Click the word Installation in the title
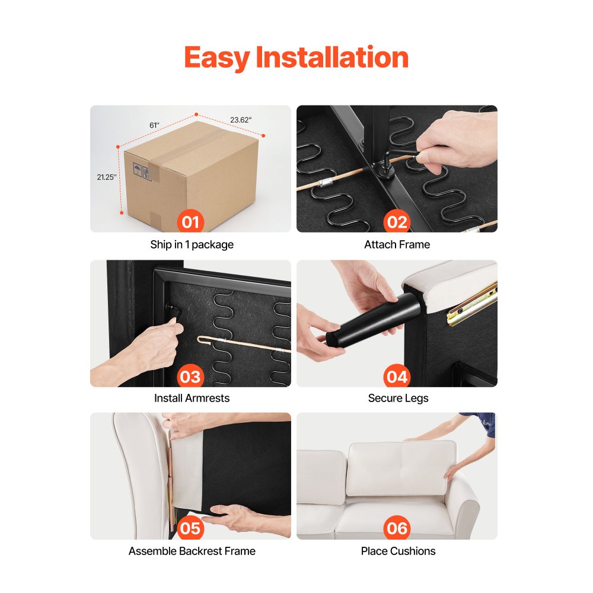[x=332, y=57]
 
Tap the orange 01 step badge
[x=190, y=221]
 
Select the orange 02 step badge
[x=397, y=221]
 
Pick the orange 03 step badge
[x=190, y=376]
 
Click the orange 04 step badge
[x=397, y=376]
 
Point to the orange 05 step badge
[x=190, y=528]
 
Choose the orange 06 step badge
[x=397, y=528]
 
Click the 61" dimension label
[x=154, y=125]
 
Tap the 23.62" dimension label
[x=241, y=120]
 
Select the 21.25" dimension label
[x=107, y=177]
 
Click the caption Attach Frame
[x=397, y=245]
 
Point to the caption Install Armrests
[x=192, y=398]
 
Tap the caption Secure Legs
[x=398, y=398]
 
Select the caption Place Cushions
[x=398, y=551]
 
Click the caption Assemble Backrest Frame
[x=192, y=551]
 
